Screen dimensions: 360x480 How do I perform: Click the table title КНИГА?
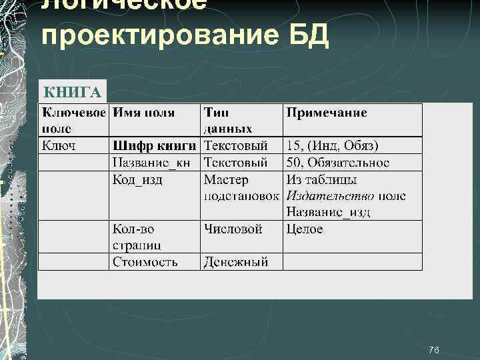click(72, 91)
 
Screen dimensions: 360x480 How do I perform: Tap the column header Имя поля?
click(144, 113)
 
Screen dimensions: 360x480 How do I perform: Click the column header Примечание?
click(327, 113)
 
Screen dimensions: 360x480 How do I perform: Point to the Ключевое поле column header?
click(73, 120)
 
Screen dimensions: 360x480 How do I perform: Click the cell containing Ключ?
click(59, 145)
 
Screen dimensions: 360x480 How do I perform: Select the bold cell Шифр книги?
click(155, 145)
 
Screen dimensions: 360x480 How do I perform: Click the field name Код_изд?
click(137, 179)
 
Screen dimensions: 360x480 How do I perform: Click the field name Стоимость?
click(145, 261)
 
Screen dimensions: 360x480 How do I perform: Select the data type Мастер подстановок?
click(243, 187)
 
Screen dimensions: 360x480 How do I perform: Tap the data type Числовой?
click(233, 229)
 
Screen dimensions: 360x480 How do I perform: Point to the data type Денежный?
click(236, 261)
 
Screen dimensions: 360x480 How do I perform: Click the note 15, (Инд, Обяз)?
click(332, 145)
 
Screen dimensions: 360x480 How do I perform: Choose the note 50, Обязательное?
click(338, 163)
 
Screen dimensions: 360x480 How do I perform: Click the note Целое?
click(305, 229)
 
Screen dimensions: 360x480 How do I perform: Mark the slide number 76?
click(434, 350)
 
